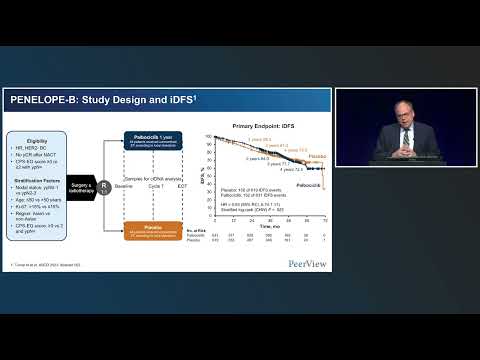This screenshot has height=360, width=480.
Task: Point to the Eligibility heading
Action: [x=37, y=142]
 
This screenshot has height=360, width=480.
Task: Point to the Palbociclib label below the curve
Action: [x=312, y=186]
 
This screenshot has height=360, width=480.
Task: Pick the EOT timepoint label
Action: [x=180, y=184]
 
